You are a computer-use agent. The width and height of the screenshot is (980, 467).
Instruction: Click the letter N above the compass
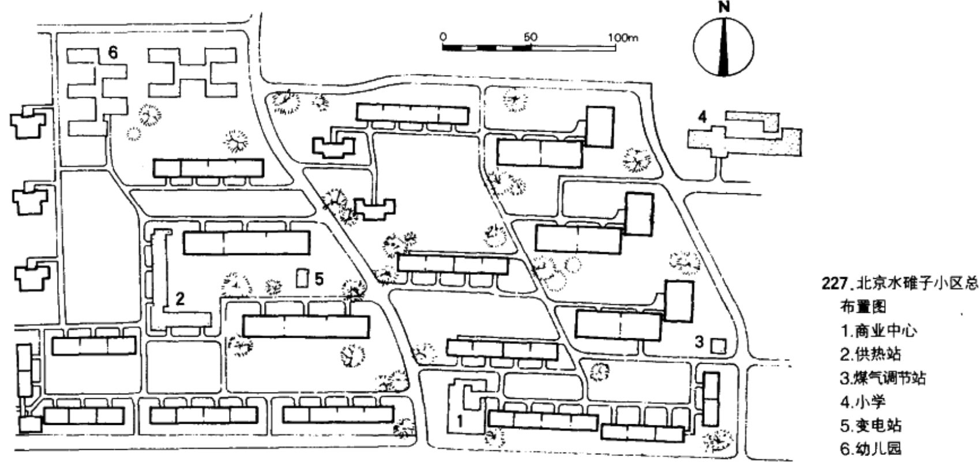[x=724, y=8]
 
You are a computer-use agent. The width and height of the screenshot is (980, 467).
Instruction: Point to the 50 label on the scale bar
[x=531, y=36]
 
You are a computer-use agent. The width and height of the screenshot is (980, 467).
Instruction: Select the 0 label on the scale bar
[x=443, y=36]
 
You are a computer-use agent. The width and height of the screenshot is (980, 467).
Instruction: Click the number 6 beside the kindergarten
[x=113, y=53]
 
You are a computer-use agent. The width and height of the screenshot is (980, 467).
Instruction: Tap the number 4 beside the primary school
[x=702, y=117]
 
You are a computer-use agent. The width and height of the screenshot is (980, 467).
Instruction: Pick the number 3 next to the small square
[x=699, y=342]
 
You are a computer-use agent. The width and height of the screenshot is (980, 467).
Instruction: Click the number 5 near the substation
[x=319, y=279]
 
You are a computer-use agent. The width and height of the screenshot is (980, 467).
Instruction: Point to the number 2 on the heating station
[x=180, y=299]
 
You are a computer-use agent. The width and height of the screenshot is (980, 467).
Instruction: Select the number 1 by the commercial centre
[x=460, y=421]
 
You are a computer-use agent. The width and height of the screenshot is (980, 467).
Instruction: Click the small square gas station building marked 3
[x=718, y=346]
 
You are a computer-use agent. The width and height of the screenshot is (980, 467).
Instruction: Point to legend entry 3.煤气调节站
[x=883, y=378]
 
